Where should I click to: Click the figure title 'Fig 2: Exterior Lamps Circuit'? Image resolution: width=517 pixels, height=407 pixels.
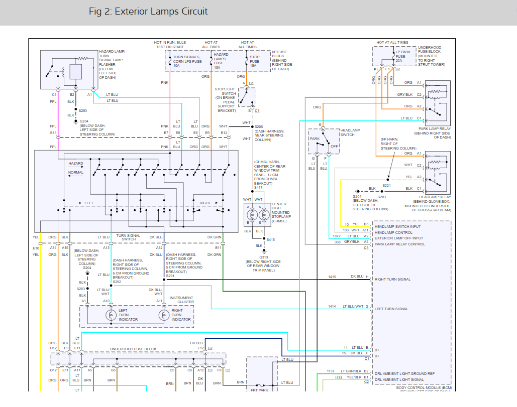(148, 12)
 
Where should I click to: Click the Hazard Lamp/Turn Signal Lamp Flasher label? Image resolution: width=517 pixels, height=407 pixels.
(112, 65)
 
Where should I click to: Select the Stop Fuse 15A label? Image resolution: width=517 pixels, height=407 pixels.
(255, 61)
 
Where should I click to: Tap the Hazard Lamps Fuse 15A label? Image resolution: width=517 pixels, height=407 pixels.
(221, 61)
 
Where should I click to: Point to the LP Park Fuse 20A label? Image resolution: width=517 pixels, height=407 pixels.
(403, 56)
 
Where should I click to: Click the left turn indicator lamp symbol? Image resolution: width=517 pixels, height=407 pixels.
(111, 315)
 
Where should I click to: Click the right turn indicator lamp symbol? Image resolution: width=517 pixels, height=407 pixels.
(163, 315)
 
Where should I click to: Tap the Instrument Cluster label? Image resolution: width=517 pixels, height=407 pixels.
(181, 300)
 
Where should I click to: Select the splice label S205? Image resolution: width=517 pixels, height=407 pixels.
(259, 126)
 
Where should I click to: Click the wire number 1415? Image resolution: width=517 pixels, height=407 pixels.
(332, 277)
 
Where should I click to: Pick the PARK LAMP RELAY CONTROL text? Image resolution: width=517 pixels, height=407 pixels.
(400, 244)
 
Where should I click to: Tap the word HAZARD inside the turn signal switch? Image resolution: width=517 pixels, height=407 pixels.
(76, 164)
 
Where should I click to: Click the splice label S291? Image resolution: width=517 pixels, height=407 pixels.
(171, 276)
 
